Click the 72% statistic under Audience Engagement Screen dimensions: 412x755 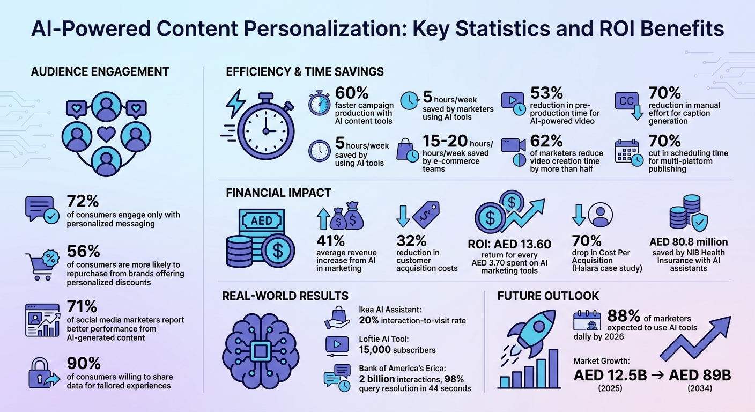(x=83, y=202)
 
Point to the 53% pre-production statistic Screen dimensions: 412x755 (x=546, y=93)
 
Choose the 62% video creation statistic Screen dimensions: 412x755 (x=546, y=141)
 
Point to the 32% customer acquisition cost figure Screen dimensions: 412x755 (x=412, y=240)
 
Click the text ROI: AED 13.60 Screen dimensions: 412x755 (x=509, y=244)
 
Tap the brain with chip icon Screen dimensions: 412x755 (x=261, y=352)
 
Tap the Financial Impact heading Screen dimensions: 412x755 (x=279, y=193)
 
